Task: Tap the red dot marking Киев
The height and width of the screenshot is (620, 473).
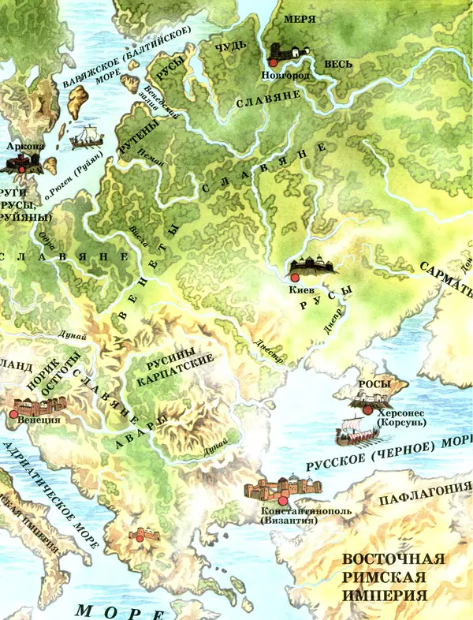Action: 294,278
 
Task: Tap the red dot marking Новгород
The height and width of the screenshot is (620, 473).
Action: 274,62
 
